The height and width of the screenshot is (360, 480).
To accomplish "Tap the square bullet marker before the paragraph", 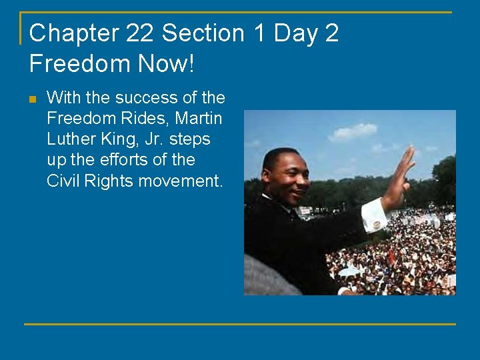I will pyautogui.click(x=33, y=99).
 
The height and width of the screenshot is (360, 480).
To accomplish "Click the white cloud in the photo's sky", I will pyautogui.click(x=352, y=131).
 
